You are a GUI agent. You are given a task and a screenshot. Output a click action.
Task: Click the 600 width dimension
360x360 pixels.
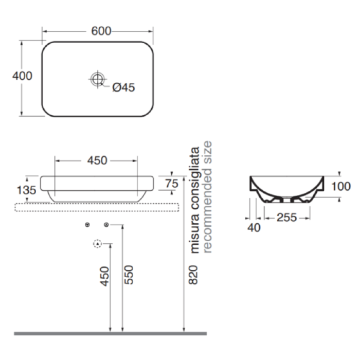(x=101, y=31)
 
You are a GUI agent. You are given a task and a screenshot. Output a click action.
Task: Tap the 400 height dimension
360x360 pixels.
(x=22, y=76)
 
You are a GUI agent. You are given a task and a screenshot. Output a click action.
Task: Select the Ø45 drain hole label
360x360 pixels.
(x=123, y=87)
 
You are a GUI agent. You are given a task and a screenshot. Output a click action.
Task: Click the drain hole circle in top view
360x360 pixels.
(x=98, y=79)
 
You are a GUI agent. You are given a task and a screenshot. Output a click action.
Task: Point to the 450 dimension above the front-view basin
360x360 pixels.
(x=97, y=160)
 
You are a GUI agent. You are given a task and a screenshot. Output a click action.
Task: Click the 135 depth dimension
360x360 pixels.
(x=27, y=190)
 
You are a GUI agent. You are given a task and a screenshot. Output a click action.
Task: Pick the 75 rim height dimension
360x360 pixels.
(x=172, y=184)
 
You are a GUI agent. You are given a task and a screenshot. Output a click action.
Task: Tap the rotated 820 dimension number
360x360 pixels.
(x=193, y=275)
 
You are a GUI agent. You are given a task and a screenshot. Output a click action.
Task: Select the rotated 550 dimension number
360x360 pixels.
(x=129, y=275)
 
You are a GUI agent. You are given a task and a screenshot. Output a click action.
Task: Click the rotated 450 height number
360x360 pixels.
(x=104, y=276)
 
